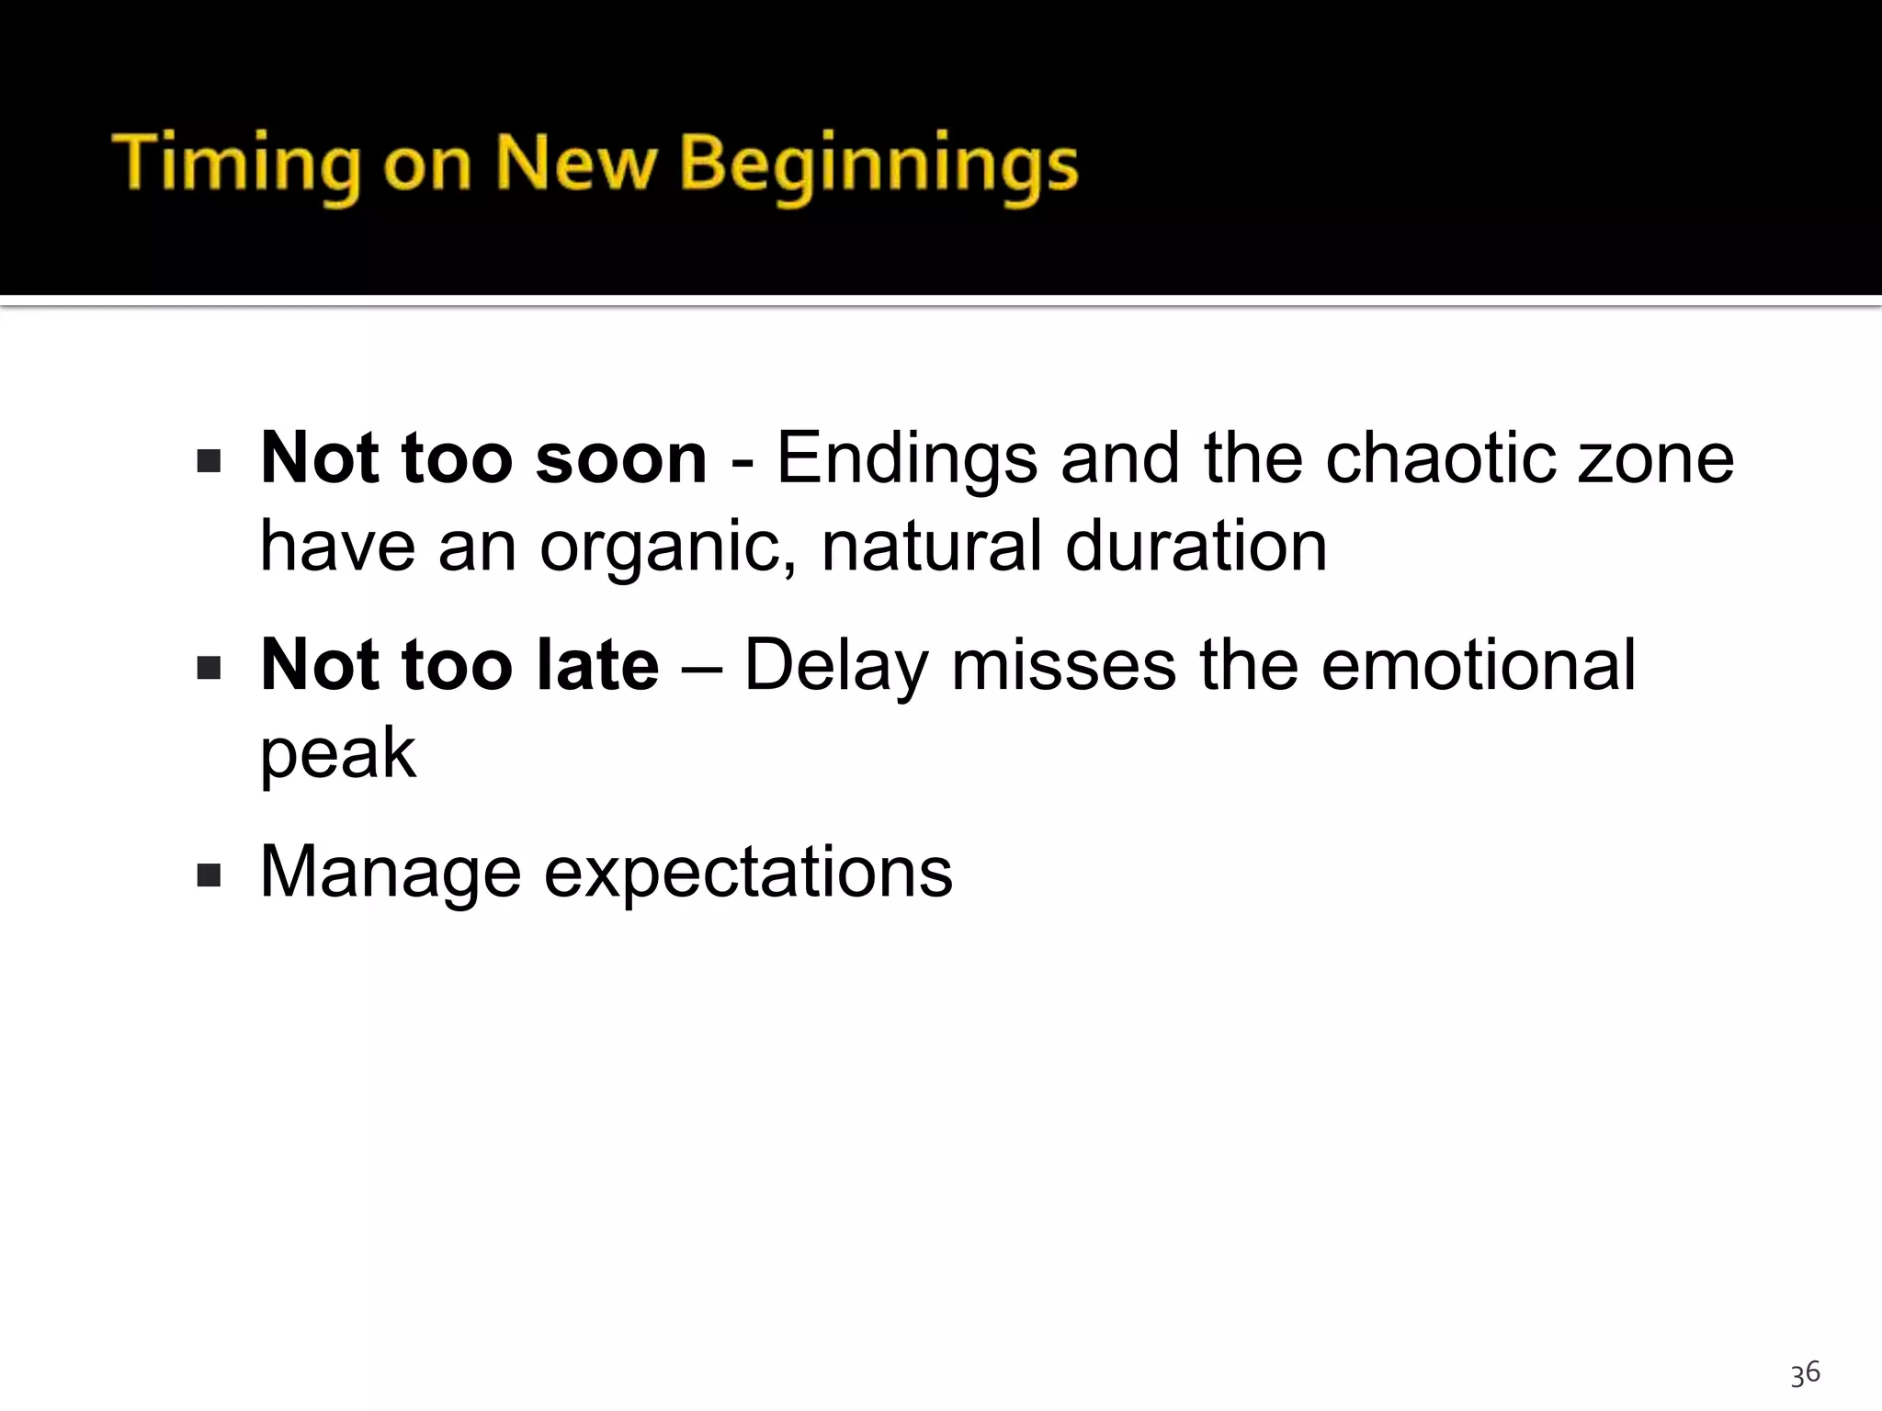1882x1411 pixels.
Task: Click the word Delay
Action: click(x=834, y=664)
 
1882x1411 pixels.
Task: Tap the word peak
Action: click(x=337, y=753)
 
